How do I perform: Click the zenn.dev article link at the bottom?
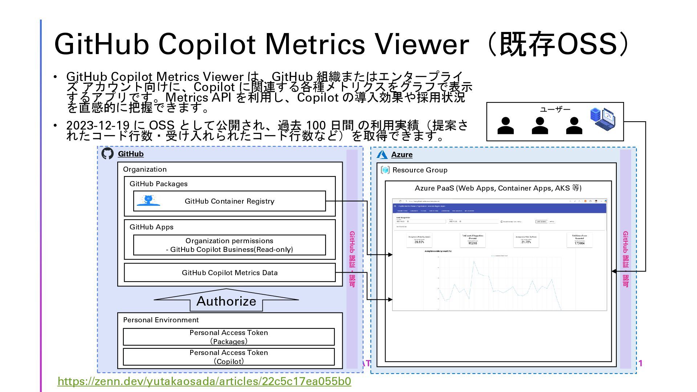[204, 381]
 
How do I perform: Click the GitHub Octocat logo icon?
[107, 154]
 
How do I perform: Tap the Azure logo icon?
[382, 155]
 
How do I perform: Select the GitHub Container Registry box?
[229, 201]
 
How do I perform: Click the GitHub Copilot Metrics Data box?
[229, 273]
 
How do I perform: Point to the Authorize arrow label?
[226, 301]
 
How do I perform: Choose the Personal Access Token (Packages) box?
[229, 337]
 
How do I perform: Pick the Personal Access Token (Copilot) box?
[229, 357]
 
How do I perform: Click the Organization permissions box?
[229, 245]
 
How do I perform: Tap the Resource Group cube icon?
[385, 170]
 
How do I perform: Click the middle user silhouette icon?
[540, 126]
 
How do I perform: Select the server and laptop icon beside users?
[603, 119]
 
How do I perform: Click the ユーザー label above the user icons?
[555, 109]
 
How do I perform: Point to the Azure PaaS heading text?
[498, 188]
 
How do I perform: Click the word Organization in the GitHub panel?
[144, 169]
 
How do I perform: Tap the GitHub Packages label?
[158, 184]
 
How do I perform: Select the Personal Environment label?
[161, 320]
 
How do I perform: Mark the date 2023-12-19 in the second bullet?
[98, 125]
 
